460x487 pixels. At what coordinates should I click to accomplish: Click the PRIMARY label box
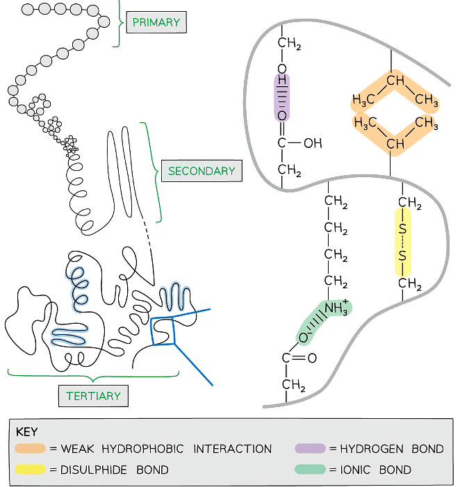(x=156, y=22)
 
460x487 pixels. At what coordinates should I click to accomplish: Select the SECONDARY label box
(x=202, y=170)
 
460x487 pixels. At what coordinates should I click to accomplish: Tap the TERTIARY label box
(x=93, y=396)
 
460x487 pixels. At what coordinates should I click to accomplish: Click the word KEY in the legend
(x=27, y=431)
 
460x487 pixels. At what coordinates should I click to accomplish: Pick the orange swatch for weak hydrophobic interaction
(x=31, y=449)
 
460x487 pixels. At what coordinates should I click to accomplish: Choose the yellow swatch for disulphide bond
(x=31, y=470)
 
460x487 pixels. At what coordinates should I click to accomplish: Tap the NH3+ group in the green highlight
(x=337, y=307)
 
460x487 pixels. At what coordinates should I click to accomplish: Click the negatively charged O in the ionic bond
(x=304, y=338)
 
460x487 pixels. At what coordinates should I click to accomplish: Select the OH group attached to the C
(x=313, y=144)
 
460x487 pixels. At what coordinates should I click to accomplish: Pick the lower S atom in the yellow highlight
(x=402, y=258)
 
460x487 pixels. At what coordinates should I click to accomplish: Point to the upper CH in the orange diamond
(x=395, y=82)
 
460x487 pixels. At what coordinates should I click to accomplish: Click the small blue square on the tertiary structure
(x=164, y=331)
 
